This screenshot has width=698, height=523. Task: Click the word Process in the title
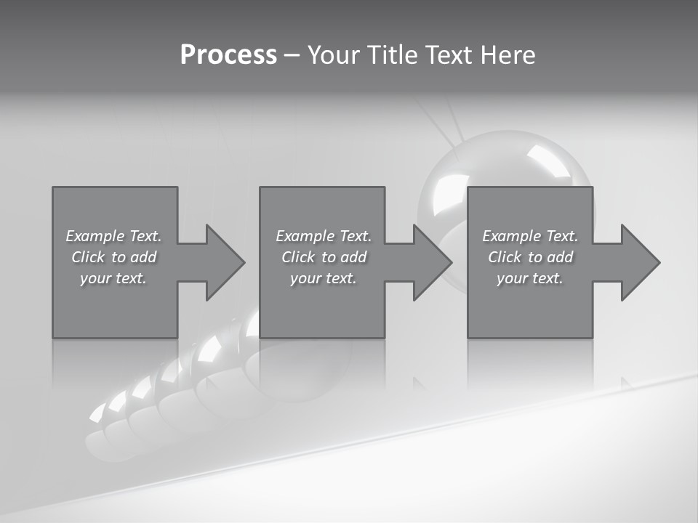[228, 55]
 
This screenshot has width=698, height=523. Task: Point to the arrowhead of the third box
[639, 262]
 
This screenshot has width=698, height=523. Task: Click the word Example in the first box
[95, 236]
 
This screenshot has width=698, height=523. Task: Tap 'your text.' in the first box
[114, 278]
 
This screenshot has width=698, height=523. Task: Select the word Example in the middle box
[305, 236]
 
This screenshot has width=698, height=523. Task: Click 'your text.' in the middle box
[324, 278]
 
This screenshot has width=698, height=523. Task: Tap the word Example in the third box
[511, 236]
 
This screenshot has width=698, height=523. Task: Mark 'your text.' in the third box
[530, 278]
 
